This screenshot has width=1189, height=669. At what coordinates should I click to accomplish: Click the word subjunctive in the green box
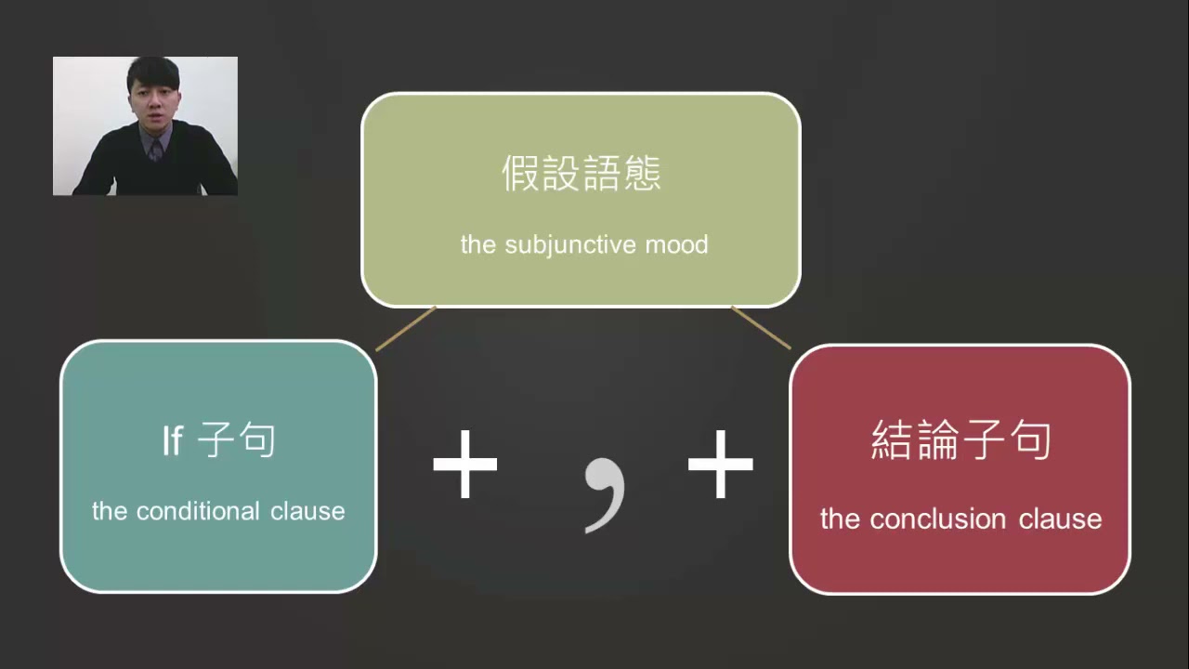pyautogui.click(x=570, y=245)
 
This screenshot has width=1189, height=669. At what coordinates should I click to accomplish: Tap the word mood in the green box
pyautogui.click(x=677, y=244)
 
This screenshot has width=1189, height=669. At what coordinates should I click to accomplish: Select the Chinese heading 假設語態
pyautogui.click(x=581, y=173)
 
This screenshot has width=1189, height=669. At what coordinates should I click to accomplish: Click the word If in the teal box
pyautogui.click(x=173, y=440)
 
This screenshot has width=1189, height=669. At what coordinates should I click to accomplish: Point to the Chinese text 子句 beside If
pyautogui.click(x=236, y=440)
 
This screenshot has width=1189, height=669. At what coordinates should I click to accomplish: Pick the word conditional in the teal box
pyautogui.click(x=198, y=511)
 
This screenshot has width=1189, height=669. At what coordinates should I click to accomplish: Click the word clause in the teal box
pyautogui.click(x=307, y=511)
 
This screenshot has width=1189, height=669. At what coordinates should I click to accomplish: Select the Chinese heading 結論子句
pyautogui.click(x=960, y=439)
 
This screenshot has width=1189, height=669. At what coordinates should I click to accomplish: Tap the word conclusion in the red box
pyautogui.click(x=938, y=518)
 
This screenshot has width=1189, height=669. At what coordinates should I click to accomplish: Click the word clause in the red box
pyautogui.click(x=1060, y=518)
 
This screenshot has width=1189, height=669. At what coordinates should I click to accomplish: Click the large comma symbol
pyautogui.click(x=605, y=494)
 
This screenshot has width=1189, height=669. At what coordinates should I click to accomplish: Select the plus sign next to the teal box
pyautogui.click(x=465, y=464)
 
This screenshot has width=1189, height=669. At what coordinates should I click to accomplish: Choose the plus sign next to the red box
pyautogui.click(x=720, y=464)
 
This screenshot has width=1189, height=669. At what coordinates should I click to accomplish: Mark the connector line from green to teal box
pyautogui.click(x=406, y=329)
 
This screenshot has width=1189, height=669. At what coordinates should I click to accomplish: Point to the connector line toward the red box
pyautogui.click(x=761, y=328)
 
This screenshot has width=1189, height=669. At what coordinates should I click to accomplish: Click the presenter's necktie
pyautogui.click(x=155, y=151)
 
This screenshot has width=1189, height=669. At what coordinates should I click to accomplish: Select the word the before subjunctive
pyautogui.click(x=477, y=244)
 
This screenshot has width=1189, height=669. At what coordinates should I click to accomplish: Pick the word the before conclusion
pyautogui.click(x=840, y=518)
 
